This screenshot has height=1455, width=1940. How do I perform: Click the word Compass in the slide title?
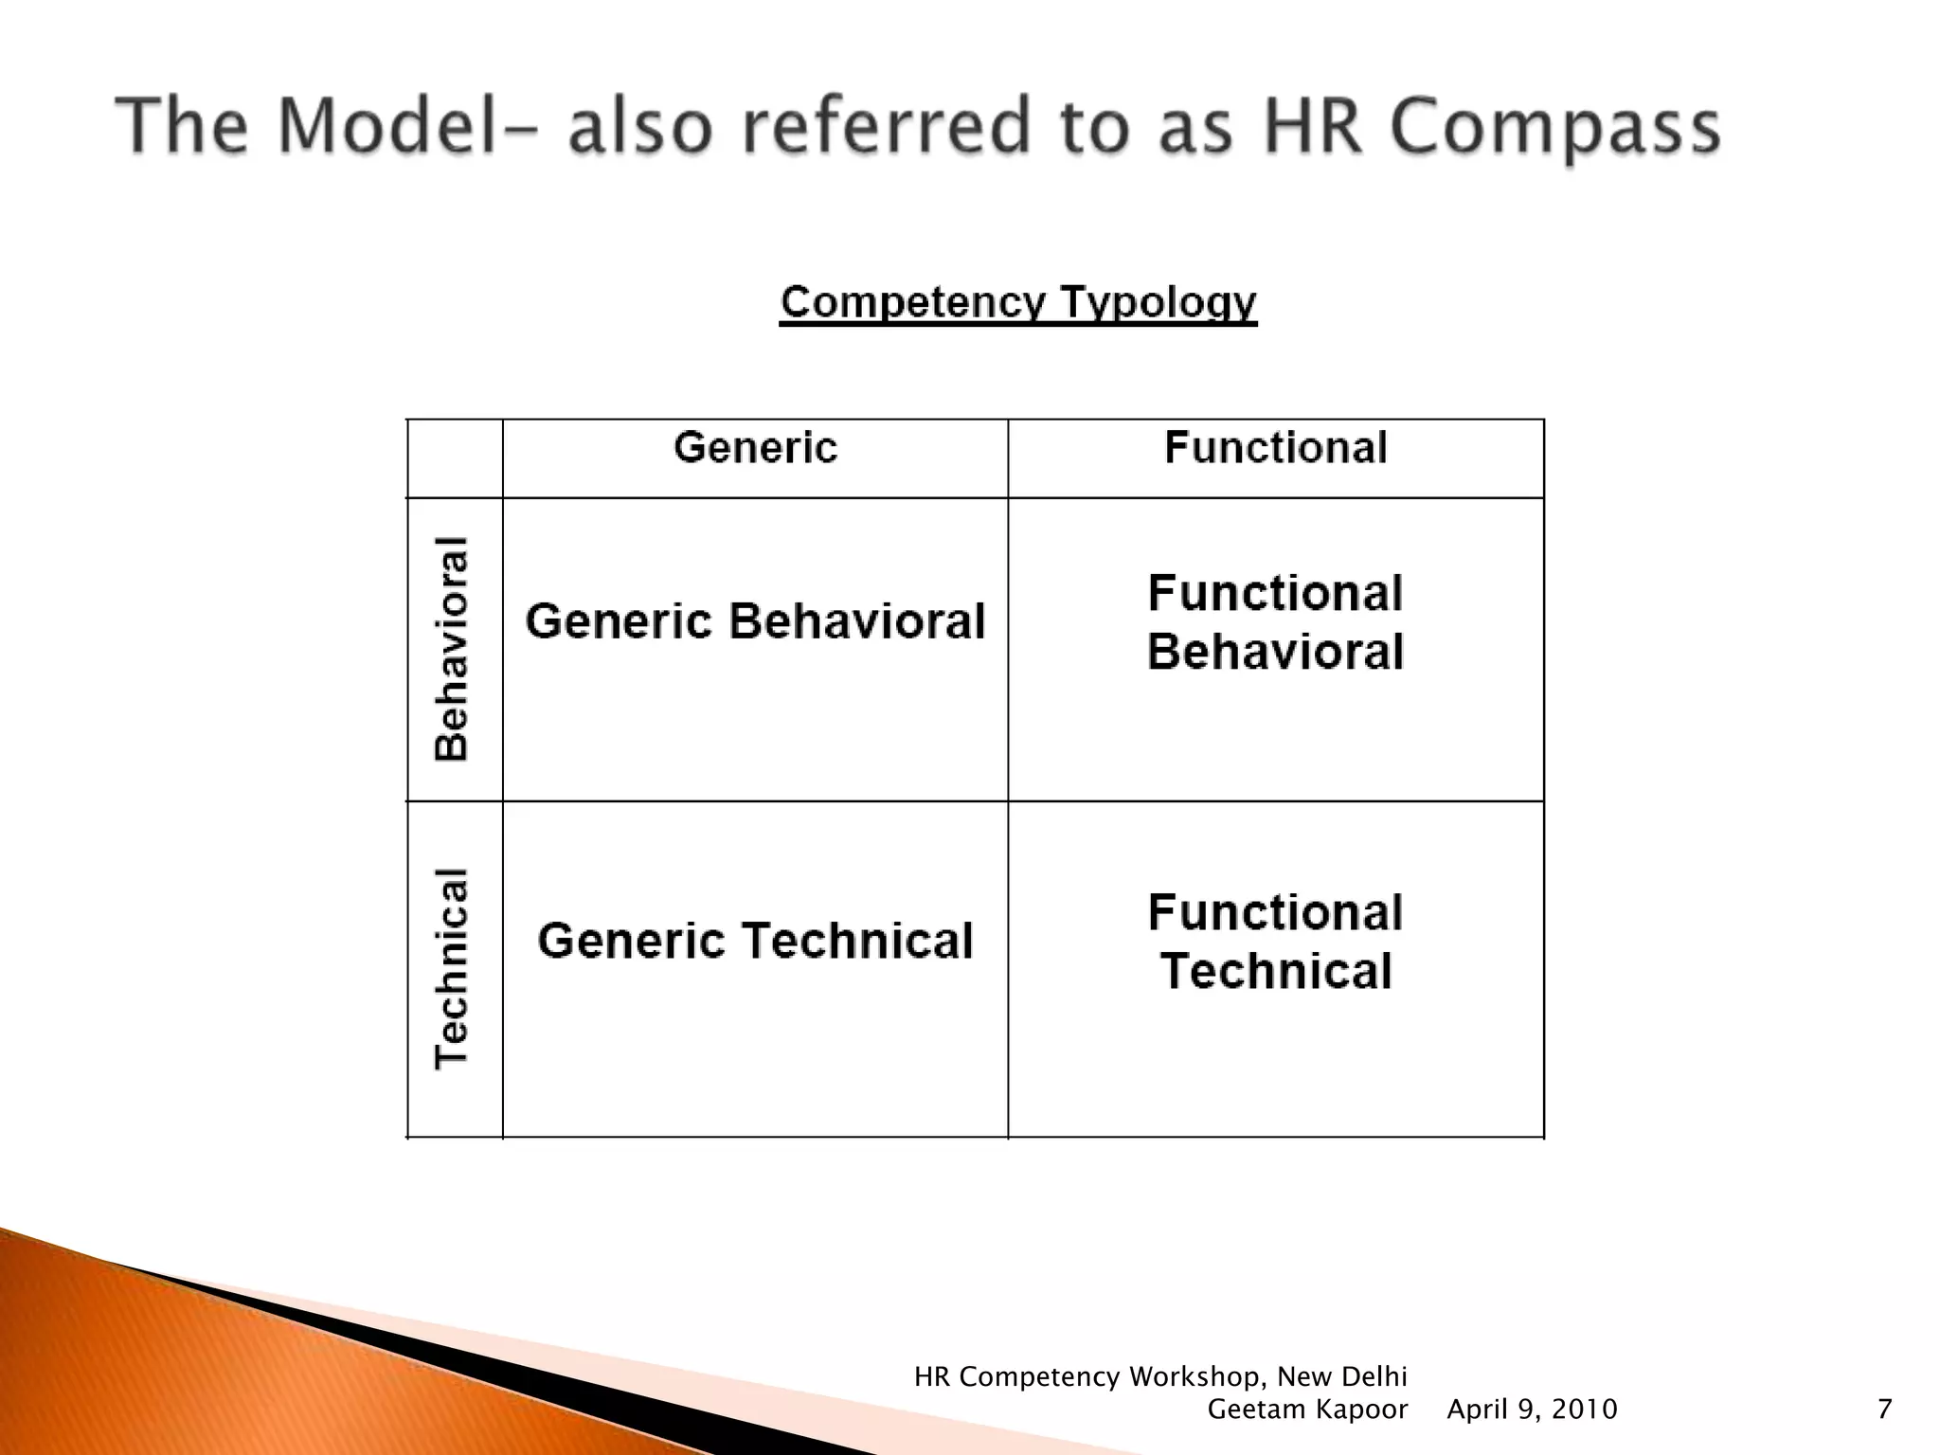point(1555,128)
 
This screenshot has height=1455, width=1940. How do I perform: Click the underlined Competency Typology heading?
point(1018,303)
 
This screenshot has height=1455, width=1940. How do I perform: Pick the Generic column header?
point(755,448)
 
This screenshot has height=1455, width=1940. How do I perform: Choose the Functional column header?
point(1275,448)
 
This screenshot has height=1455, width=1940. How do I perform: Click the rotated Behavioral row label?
point(452,649)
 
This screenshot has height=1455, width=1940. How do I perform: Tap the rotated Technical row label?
point(452,968)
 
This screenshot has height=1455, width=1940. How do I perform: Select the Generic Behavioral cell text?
point(755,621)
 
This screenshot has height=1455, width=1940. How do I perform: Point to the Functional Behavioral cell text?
point(1275,622)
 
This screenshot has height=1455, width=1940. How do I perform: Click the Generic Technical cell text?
point(755,941)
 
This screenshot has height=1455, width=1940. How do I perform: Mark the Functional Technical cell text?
point(1275,942)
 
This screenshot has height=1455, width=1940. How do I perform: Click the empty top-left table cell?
point(455,458)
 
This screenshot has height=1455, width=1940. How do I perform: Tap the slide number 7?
point(1884,1410)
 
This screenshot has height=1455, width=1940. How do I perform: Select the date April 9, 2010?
point(1532,1410)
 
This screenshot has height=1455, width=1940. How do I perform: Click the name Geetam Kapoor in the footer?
point(1307,1410)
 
